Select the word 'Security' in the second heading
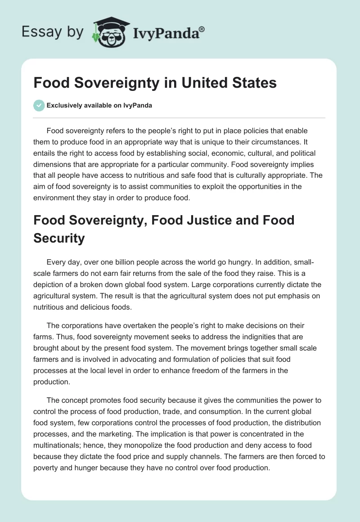(x=59, y=238)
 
